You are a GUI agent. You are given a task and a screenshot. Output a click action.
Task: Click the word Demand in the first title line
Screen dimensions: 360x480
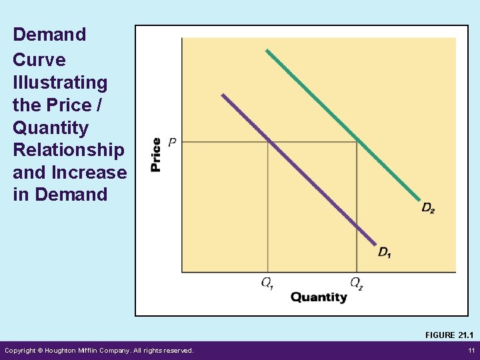click(x=49, y=35)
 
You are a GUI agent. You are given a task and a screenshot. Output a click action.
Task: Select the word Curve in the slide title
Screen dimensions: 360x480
click(x=39, y=60)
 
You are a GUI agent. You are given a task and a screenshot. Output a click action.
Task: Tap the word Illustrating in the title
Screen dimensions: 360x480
click(x=60, y=83)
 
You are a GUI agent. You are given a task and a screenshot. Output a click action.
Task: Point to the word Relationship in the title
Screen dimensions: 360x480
click(x=68, y=150)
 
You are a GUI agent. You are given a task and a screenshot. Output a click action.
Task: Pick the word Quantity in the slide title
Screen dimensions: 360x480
click(x=51, y=127)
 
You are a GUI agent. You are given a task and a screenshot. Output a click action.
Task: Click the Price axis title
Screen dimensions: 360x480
click(x=156, y=155)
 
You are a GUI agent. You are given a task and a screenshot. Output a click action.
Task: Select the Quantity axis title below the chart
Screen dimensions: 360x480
click(x=319, y=297)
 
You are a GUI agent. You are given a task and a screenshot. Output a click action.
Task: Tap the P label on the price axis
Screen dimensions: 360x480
click(x=172, y=142)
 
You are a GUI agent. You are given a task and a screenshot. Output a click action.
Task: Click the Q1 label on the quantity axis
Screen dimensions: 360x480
click(x=267, y=283)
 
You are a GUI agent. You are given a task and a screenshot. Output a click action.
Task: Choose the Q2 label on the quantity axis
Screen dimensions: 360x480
click(x=357, y=283)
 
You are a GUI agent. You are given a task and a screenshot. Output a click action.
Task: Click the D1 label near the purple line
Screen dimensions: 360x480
click(x=385, y=252)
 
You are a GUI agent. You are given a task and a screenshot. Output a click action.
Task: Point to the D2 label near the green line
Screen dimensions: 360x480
click(x=428, y=209)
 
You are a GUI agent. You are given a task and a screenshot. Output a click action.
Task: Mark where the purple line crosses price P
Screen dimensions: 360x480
click(x=268, y=142)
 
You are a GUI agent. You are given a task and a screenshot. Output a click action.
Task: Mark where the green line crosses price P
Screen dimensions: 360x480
click(x=357, y=142)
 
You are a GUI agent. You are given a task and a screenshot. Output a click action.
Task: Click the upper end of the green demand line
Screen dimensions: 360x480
click(x=267, y=50)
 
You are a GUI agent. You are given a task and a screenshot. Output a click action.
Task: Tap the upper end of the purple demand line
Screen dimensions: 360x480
click(x=223, y=95)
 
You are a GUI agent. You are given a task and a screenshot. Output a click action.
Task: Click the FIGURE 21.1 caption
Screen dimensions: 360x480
click(x=449, y=335)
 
